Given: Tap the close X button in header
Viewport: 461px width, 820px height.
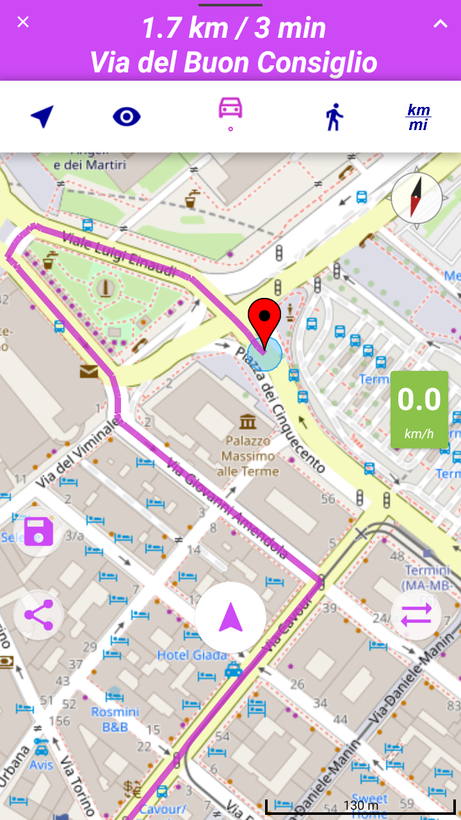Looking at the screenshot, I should coord(23,22).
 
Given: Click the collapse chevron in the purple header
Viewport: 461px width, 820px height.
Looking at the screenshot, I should coord(440,24).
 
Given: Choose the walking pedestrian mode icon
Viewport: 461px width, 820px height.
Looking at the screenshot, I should coord(334,117).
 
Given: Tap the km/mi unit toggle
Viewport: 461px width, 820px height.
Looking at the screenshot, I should coord(419,117).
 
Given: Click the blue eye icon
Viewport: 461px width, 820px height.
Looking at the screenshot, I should coord(127,117).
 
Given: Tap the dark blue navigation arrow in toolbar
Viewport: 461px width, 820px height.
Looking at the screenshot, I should coord(42,117).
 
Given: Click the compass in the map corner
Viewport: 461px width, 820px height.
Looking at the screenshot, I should coord(416,198).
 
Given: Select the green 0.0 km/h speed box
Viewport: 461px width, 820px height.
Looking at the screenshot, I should coord(419,409).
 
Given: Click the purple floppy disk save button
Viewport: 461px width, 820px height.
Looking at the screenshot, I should coord(38,531).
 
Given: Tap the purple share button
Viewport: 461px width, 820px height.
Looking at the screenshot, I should coord(38,615).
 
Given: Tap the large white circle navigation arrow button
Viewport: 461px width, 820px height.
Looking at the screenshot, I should coord(230,618).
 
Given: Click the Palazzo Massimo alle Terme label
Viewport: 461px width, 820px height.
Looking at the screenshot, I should coord(250,456).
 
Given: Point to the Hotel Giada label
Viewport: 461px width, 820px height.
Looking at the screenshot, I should coord(192,655).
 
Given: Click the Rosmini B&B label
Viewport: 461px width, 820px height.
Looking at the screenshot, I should coord(115,719).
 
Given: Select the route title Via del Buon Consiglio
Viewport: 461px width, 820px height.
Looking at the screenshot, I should coord(233,63).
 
